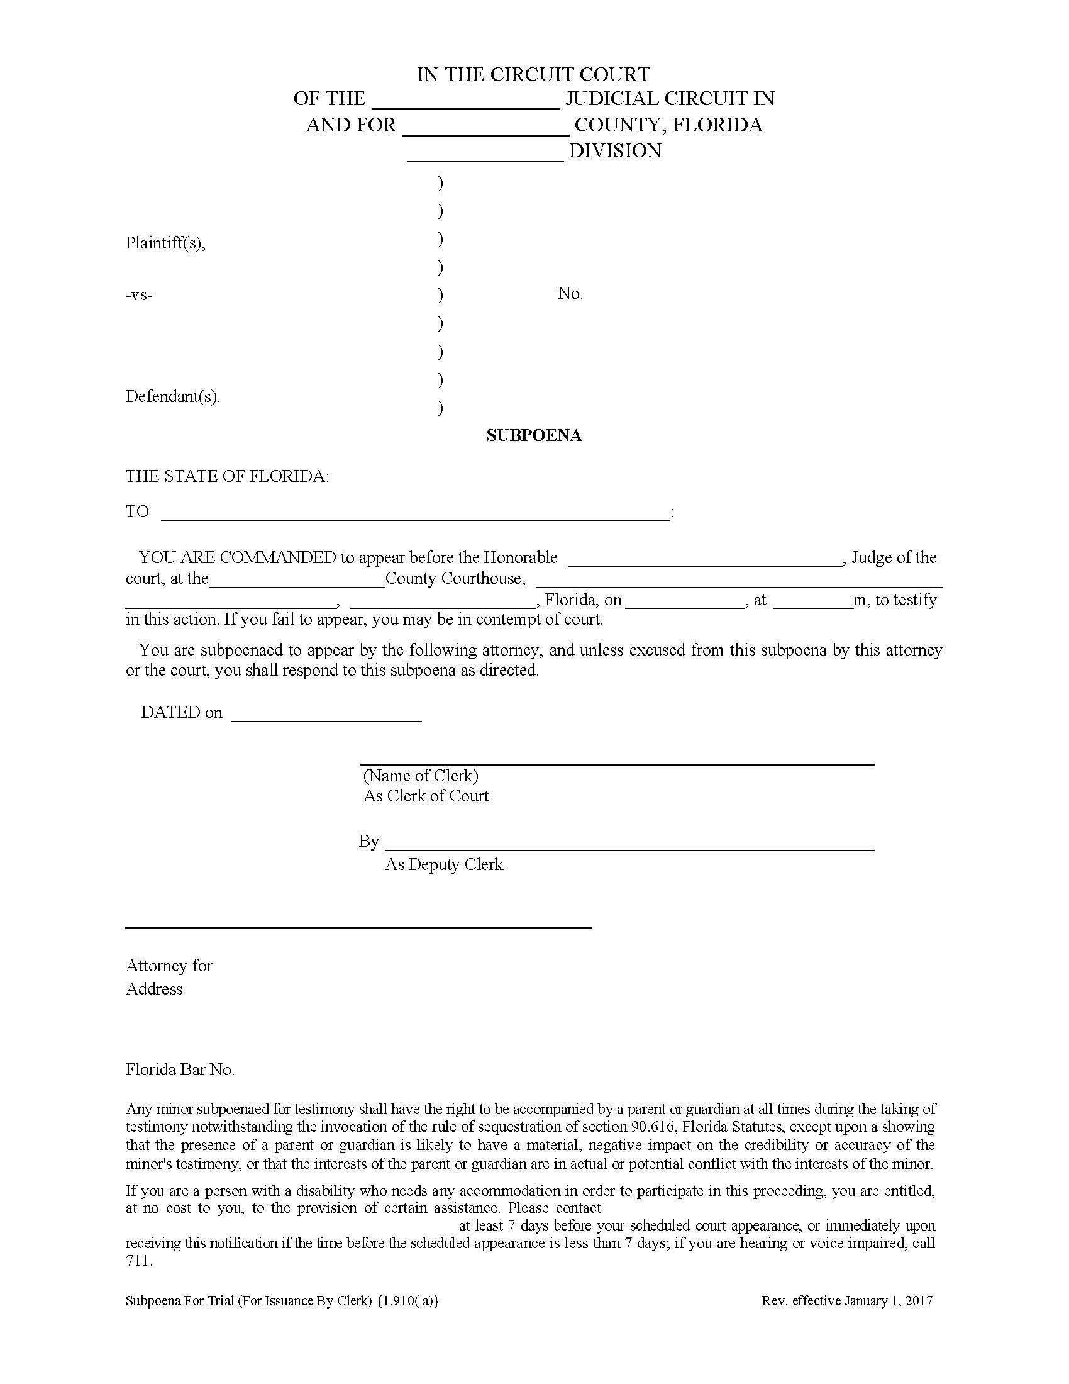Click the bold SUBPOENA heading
pyautogui.click(x=534, y=435)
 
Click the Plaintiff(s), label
pyautogui.click(x=165, y=243)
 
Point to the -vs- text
pyautogui.click(x=139, y=294)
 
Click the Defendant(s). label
pyautogui.click(x=172, y=397)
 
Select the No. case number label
pyautogui.click(x=570, y=293)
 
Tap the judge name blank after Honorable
pyautogui.click(x=705, y=559)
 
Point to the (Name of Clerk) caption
pyautogui.click(x=421, y=776)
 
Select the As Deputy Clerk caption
pyautogui.click(x=443, y=864)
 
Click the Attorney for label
pyautogui.click(x=169, y=966)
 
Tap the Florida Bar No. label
pyautogui.click(x=180, y=1069)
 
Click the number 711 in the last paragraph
pyautogui.click(x=139, y=1261)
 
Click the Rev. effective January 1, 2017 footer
pyautogui.click(x=847, y=1301)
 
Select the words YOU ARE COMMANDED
pyautogui.click(x=238, y=557)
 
